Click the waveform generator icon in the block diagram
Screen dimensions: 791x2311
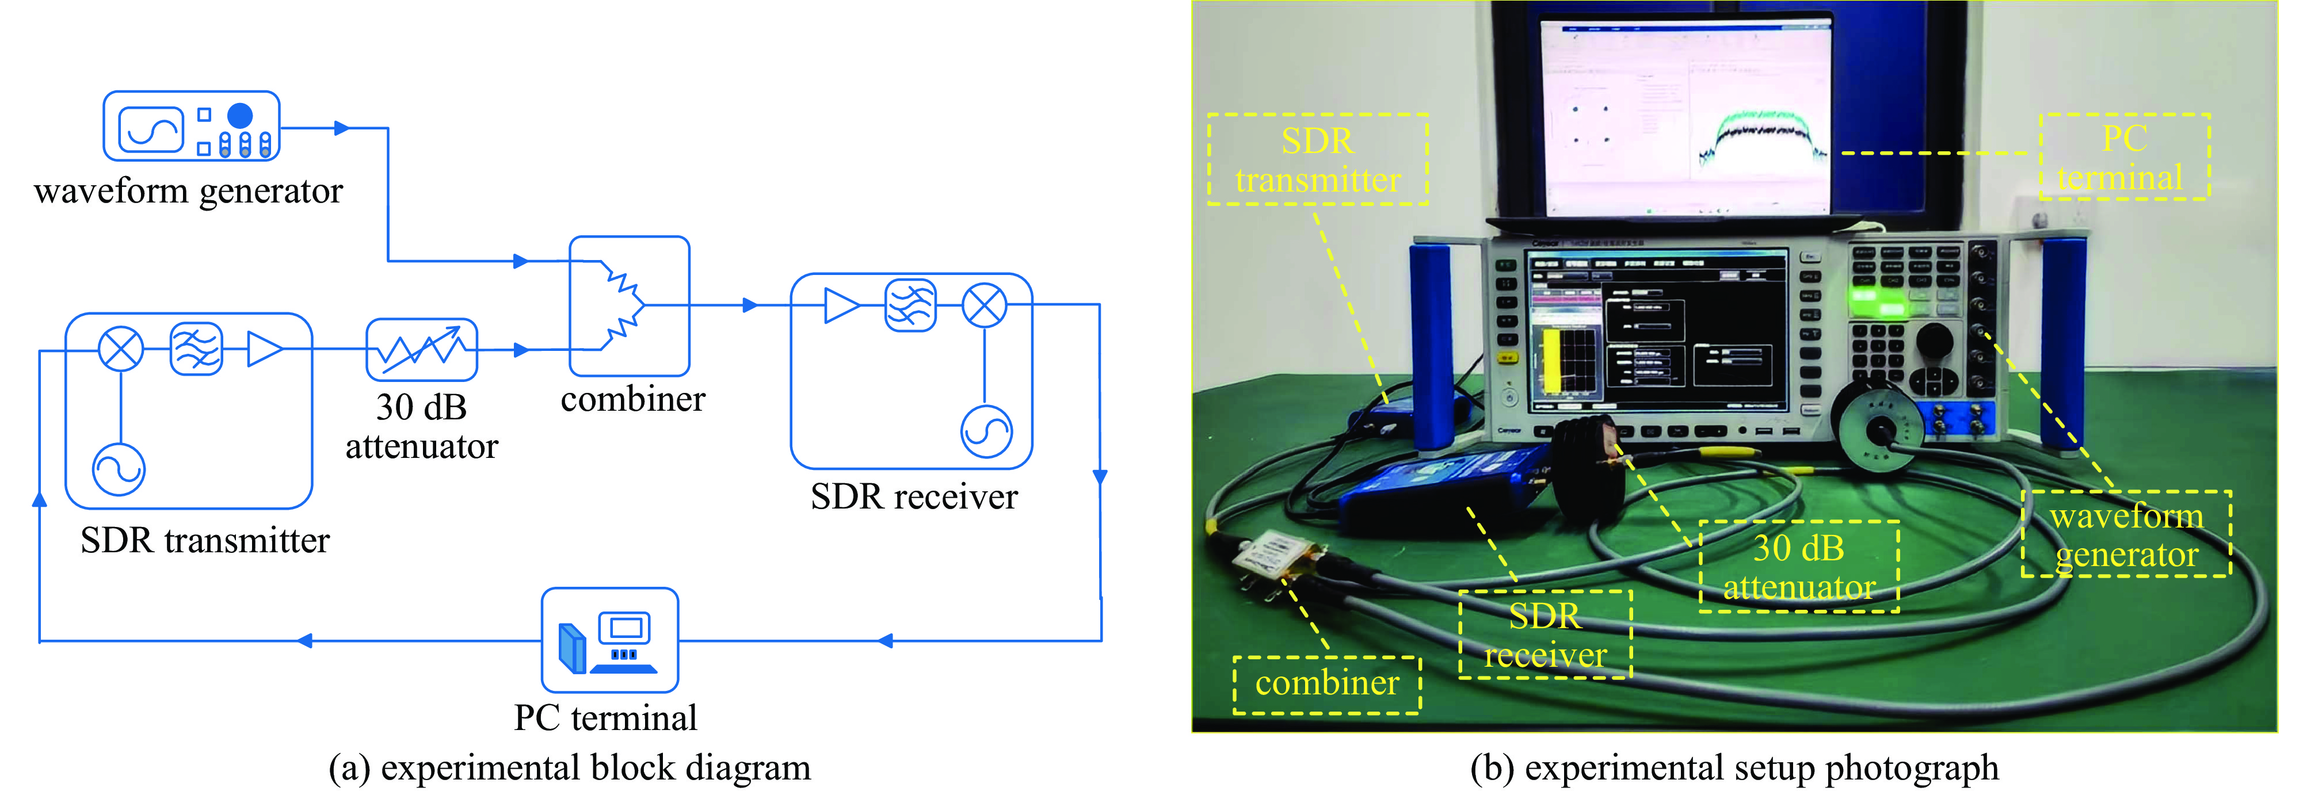191,125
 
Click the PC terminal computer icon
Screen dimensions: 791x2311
610,640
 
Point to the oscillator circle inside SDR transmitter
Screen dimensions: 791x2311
119,469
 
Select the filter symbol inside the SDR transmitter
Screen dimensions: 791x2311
196,349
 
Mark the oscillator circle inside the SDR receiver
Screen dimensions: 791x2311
986,432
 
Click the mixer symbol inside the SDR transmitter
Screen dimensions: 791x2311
120,349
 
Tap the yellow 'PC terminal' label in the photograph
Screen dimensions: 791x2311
2123,157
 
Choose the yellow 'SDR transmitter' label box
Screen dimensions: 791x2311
1317,159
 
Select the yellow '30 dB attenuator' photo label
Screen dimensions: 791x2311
1799,567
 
